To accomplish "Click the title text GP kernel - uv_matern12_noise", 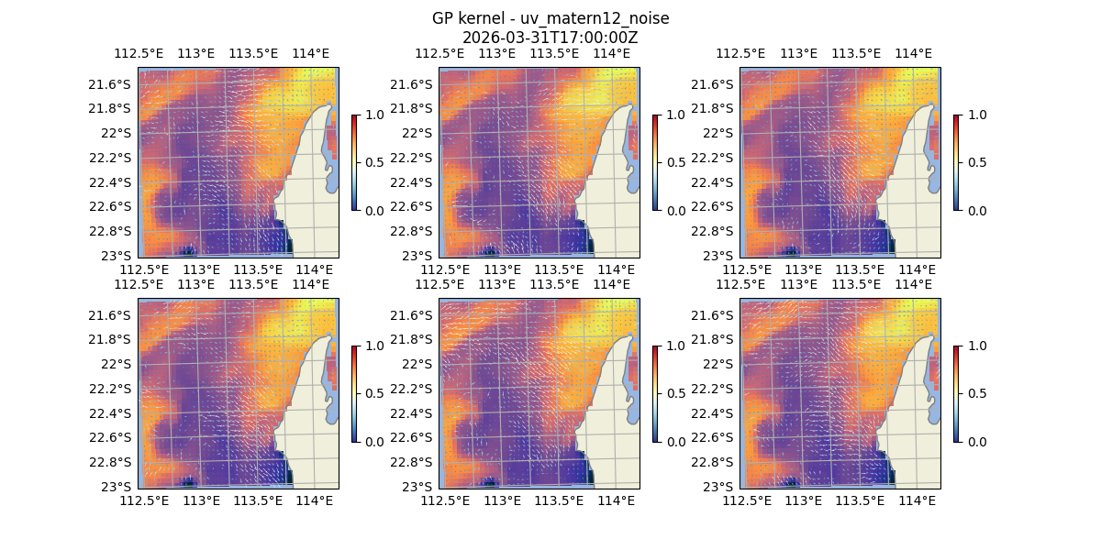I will (x=550, y=19).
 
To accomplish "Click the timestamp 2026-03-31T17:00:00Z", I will (x=550, y=38).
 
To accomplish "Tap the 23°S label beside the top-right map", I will (x=723, y=255).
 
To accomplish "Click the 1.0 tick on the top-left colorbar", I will (x=373, y=115).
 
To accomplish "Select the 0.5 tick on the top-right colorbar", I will (x=975, y=162).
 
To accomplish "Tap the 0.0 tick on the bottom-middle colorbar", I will (x=674, y=441).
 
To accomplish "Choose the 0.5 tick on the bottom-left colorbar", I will (x=373, y=393).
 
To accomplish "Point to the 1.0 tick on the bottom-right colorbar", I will (x=975, y=346).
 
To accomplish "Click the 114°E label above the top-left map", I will (x=310, y=54).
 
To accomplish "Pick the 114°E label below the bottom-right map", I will (x=917, y=500).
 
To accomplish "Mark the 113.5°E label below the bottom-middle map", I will (x=559, y=500).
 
